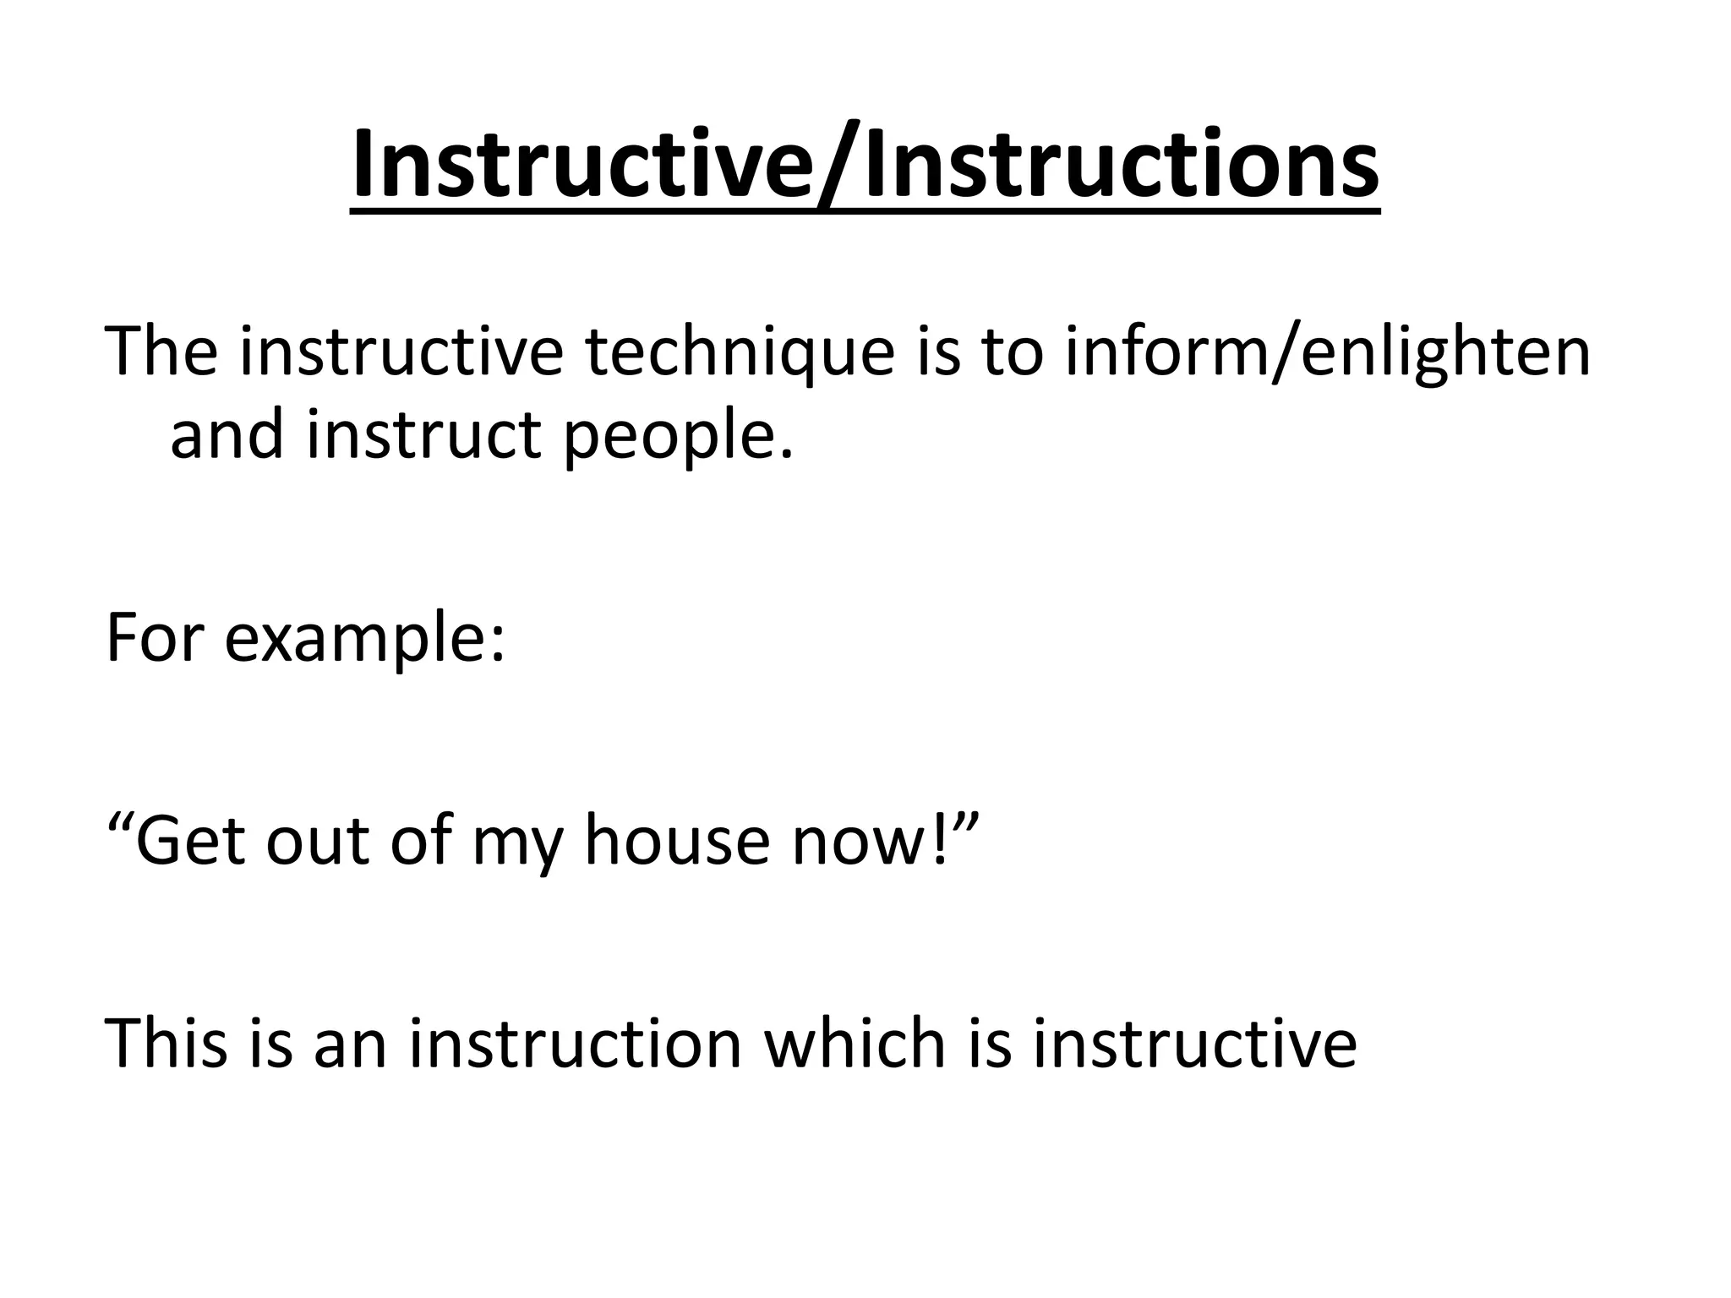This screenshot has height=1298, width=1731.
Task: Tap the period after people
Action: tap(787, 455)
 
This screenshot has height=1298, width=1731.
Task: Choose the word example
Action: tap(354, 640)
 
